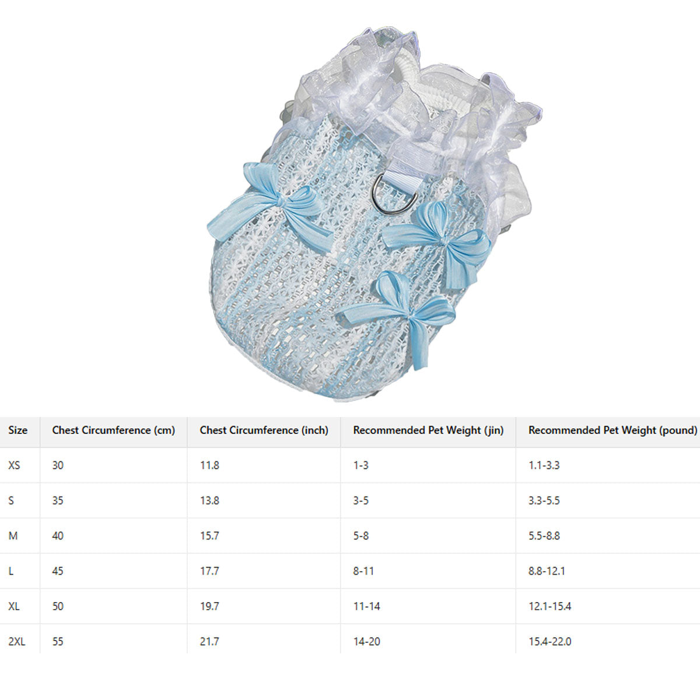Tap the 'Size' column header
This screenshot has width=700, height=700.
click(18, 430)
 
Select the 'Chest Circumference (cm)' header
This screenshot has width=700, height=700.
click(113, 430)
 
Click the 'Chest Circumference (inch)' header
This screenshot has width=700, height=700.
click(264, 430)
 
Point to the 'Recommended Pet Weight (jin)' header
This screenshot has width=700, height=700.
click(428, 430)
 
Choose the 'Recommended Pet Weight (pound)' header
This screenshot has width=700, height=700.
click(613, 430)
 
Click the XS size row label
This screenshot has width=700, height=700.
click(14, 466)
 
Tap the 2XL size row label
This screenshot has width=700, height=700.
click(17, 642)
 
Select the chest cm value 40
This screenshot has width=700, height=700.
click(57, 536)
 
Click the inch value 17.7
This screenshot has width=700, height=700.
click(209, 571)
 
